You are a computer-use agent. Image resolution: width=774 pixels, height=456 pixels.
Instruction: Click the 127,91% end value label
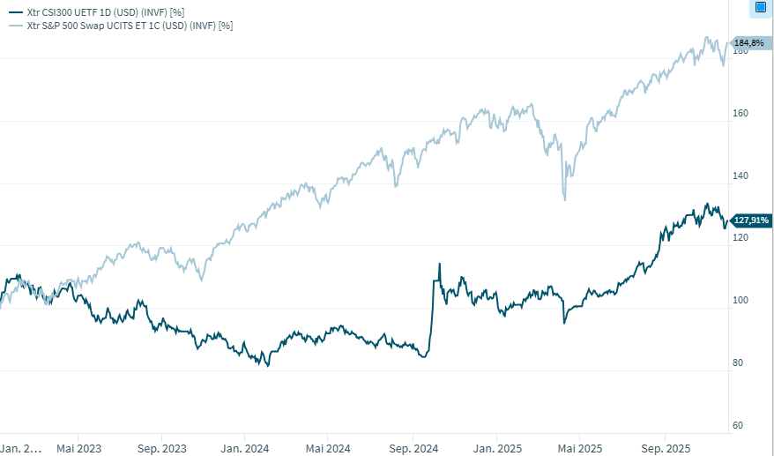(751, 221)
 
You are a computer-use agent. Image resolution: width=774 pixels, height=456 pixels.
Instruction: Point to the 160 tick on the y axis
(741, 114)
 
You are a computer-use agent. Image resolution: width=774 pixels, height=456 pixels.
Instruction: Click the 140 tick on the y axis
(741, 176)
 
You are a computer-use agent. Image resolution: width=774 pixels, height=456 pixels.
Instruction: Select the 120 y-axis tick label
(741, 238)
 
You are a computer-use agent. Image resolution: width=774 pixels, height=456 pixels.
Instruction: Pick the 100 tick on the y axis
(741, 301)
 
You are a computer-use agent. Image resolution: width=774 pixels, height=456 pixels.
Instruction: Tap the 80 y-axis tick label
(739, 363)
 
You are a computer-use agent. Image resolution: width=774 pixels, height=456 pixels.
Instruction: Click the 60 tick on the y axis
(739, 425)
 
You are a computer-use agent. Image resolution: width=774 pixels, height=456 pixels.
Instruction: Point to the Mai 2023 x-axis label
(78, 448)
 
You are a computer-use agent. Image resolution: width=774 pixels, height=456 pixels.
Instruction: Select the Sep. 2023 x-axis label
(161, 448)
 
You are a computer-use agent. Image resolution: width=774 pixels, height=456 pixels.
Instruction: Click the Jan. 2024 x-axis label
(244, 448)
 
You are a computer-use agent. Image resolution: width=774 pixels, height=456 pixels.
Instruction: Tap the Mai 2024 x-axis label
(327, 448)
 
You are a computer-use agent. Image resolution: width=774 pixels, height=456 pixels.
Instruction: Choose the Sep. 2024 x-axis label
(413, 448)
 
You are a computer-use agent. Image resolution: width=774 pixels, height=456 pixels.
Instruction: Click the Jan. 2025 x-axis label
(496, 448)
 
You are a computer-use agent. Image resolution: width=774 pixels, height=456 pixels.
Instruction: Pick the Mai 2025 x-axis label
(579, 448)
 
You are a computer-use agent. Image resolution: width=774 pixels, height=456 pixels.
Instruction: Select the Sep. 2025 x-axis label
(666, 448)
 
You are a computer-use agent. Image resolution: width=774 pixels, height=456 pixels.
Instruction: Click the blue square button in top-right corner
(761, 8)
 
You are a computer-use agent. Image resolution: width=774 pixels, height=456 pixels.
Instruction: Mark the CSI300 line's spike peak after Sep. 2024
(439, 264)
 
